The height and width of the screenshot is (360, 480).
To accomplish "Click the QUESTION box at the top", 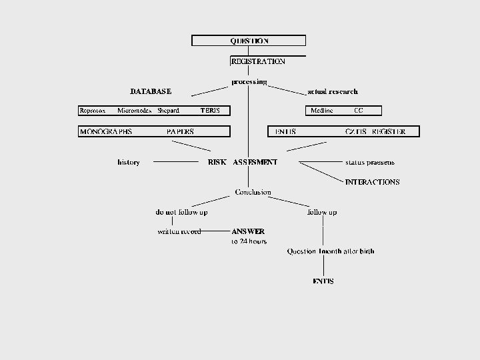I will [x=249, y=41].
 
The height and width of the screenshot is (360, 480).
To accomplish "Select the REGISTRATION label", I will [x=257, y=61].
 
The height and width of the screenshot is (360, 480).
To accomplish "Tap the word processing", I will [x=249, y=82].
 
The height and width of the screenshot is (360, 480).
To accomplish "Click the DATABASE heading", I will [x=150, y=91].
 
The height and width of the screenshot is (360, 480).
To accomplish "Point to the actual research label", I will [x=332, y=91].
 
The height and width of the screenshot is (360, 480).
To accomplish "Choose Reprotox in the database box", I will [x=92, y=111].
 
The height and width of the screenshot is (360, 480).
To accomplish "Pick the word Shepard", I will [x=168, y=111].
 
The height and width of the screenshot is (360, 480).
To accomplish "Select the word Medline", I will [x=322, y=111].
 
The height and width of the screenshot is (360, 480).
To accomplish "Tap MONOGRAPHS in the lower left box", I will [x=106, y=132].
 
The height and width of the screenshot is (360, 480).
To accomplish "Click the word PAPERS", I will [x=180, y=132].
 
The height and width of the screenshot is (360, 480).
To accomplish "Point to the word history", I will [x=129, y=162].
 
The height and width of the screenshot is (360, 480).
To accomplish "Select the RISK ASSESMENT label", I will [x=243, y=162].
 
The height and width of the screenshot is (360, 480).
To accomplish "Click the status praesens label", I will [x=369, y=162].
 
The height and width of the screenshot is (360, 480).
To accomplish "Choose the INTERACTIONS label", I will [x=372, y=182].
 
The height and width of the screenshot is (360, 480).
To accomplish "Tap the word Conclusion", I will [x=253, y=192].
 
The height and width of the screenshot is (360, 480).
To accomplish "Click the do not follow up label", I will [x=181, y=212].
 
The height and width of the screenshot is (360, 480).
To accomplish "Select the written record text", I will [x=179, y=232].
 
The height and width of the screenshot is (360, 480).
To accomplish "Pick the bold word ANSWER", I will [x=248, y=231].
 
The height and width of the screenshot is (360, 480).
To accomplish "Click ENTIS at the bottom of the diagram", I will [x=323, y=281].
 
